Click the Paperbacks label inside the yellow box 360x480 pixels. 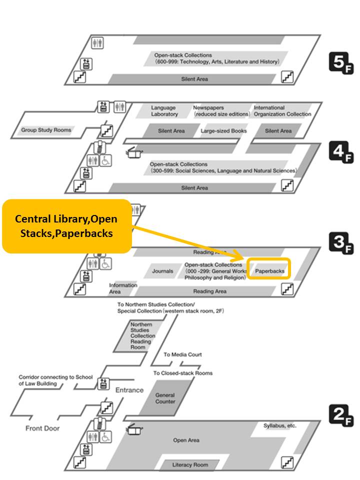270,271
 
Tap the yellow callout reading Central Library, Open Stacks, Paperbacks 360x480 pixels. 67,226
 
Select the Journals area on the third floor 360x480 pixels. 162,271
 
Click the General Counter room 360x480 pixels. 165,398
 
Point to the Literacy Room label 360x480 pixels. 190,464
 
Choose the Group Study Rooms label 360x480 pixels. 46,130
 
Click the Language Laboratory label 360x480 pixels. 164,110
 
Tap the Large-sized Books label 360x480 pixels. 224,131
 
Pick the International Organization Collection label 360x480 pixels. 282,110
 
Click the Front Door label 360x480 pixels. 42,428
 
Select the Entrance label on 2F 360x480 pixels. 129,389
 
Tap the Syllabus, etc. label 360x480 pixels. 280,425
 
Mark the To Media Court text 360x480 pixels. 182,354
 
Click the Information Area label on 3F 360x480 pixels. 123,288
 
